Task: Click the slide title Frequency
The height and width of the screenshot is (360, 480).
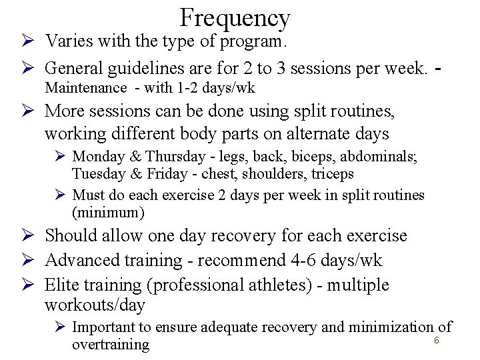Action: (x=235, y=17)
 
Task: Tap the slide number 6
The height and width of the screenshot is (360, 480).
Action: (x=437, y=340)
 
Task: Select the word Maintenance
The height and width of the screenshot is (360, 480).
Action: (x=85, y=87)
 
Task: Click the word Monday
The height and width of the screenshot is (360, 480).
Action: (x=98, y=157)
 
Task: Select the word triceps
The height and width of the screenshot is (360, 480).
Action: (x=332, y=174)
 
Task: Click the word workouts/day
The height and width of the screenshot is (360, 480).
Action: (x=95, y=305)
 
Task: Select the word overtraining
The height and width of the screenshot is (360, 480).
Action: (x=111, y=345)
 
